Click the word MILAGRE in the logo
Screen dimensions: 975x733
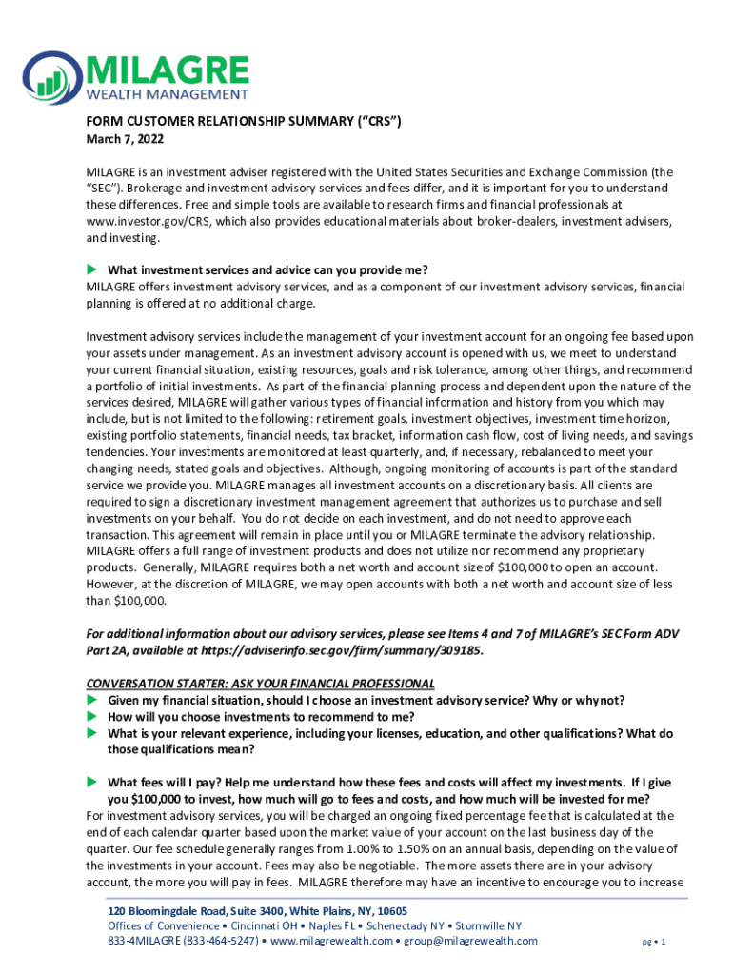(x=168, y=70)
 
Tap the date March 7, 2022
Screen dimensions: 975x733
(x=119, y=140)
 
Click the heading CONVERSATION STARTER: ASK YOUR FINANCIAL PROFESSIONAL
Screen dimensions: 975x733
(x=260, y=684)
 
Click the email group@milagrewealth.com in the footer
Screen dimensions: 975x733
(x=468, y=941)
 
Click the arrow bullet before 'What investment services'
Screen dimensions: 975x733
(x=92, y=269)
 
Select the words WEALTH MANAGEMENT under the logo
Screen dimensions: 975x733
(x=168, y=94)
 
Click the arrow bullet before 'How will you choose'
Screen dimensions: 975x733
(x=92, y=717)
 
